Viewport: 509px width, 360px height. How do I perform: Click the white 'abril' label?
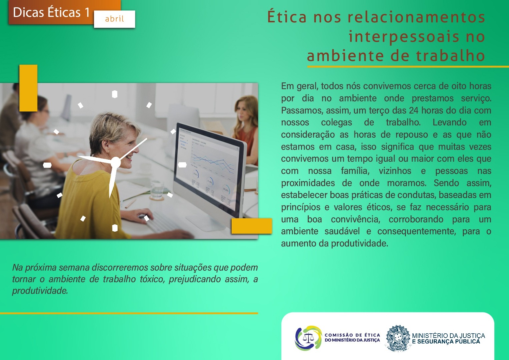tap(114, 19)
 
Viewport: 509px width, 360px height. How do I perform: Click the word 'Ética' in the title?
tap(287, 17)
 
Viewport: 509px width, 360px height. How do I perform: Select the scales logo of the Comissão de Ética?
tap(308, 338)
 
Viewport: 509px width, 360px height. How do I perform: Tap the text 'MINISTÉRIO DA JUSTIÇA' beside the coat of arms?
tap(448, 335)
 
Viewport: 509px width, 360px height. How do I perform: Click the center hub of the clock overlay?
tap(115, 162)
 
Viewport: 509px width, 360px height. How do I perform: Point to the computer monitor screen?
tap(209, 167)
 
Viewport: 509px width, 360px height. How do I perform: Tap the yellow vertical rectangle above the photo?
tap(28, 88)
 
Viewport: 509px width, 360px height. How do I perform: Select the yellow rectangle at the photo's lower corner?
tap(252, 226)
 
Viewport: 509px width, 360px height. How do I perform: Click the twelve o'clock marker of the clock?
tap(115, 94)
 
